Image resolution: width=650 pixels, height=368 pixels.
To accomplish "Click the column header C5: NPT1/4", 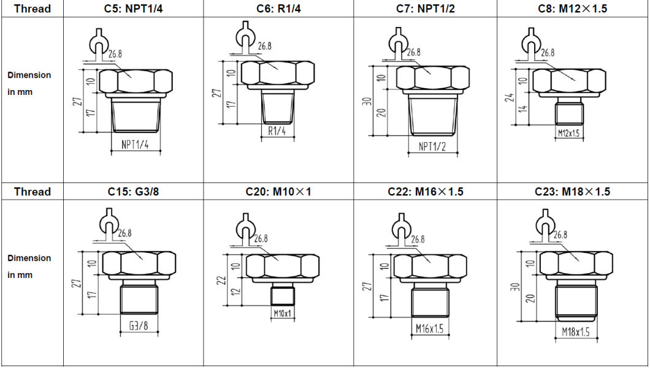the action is pos(133,9).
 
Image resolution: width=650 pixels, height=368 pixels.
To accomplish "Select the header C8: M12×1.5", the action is pos(572,9).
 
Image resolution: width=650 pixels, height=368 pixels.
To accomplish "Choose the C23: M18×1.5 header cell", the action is pos(572,192).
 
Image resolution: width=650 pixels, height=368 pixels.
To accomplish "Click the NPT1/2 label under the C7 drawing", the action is pos(433,147).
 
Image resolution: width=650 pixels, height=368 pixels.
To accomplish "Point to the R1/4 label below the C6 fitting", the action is pos(277,131).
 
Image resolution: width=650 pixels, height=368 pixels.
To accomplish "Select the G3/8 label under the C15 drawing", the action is pos(139,326).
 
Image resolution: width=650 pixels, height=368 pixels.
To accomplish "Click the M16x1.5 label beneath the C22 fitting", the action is pos(429,329).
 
